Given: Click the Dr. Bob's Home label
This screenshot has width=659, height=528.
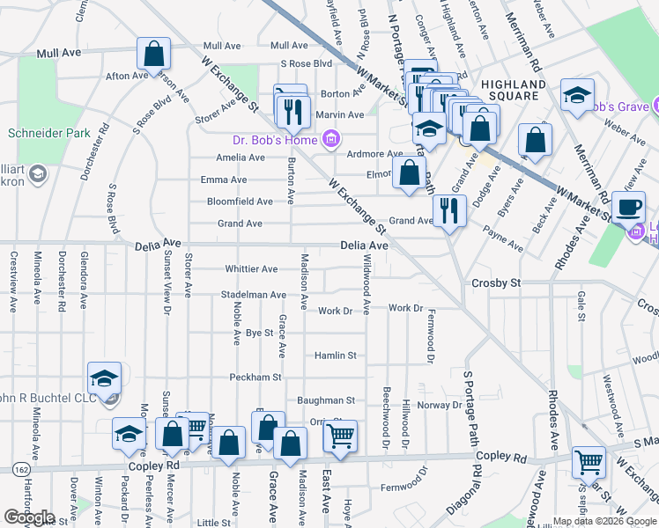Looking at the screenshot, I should coord(275,138).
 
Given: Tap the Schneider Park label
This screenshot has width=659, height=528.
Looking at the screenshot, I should coord(37,134).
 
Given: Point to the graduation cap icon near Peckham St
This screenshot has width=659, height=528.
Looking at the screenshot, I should coord(104,378).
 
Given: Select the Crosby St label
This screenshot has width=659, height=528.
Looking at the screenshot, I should coord(497,283).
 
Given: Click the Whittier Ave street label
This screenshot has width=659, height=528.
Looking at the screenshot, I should coord(251,269).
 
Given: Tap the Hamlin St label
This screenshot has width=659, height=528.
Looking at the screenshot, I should coord(336,356).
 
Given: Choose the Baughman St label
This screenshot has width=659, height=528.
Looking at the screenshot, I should coord(325,400).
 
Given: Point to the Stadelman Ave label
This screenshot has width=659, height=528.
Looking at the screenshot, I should coord(254,295).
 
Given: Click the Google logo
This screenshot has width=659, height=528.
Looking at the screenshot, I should coord(29,517).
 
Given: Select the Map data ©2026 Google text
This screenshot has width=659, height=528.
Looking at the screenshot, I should coord(604,522).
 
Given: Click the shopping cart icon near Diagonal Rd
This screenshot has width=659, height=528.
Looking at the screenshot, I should coord(588,460).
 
